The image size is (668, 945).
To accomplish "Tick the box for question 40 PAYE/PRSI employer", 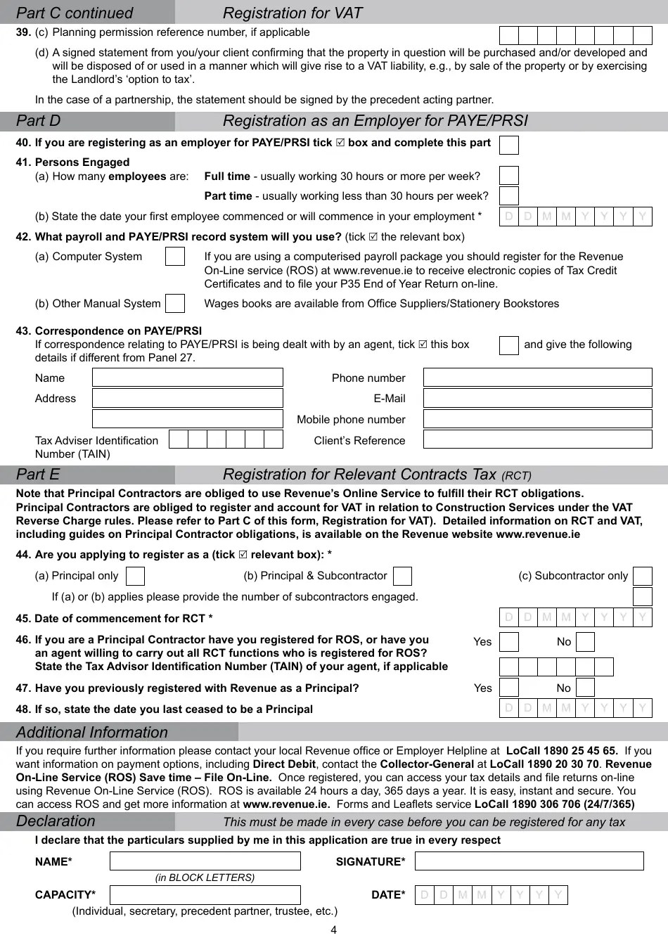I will (x=508, y=145).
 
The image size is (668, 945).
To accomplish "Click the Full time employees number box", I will (x=508, y=176).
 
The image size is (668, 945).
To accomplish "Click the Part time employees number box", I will (x=508, y=196).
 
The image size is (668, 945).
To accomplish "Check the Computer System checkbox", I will (x=175, y=257).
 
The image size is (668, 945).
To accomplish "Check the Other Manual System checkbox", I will (x=175, y=304).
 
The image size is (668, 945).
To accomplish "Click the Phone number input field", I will (x=538, y=378).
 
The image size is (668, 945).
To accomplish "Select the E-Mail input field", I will (x=538, y=398).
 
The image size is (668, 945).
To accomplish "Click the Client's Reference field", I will (x=538, y=439).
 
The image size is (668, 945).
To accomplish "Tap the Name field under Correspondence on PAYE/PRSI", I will (x=187, y=378).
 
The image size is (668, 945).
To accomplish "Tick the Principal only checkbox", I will (x=135, y=577).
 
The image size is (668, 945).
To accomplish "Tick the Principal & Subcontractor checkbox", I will (x=402, y=577).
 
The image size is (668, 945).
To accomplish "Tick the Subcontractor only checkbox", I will (x=642, y=577).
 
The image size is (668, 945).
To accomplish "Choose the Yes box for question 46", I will (x=508, y=642).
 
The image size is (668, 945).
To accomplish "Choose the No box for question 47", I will (x=585, y=688).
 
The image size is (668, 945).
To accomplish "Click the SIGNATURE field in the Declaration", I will (x=529, y=861).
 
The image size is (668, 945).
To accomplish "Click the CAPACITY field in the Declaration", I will (x=205, y=895).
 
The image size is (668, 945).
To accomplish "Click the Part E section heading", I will (x=39, y=475).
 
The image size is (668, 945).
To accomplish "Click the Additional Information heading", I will (x=92, y=732).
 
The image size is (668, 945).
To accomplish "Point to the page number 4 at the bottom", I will (x=334, y=930).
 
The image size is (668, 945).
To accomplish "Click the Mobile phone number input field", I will (x=538, y=419).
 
